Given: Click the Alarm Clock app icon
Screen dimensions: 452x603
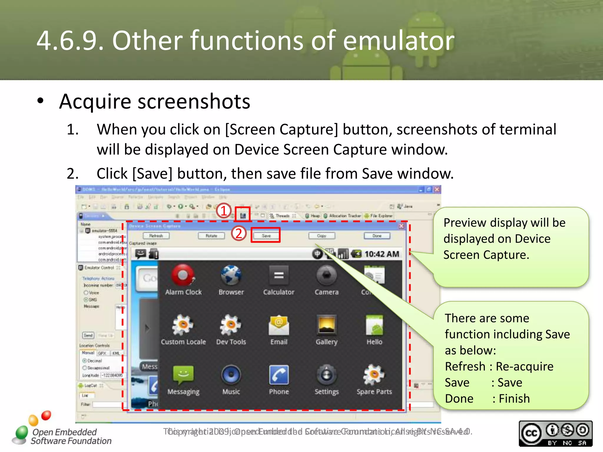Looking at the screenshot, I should coord(183,275).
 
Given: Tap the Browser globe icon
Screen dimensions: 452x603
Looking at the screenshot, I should coord(231,275).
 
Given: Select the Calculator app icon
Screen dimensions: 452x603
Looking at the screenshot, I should coord(279,275).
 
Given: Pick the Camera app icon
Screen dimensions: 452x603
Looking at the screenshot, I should coord(326,275).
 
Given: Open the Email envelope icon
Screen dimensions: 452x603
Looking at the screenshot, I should coord(279,325).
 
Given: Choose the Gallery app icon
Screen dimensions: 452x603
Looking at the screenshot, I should coord(326,325).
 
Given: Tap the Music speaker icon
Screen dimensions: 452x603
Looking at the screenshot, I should coord(231,375).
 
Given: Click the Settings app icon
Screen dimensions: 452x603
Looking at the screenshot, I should coord(326,375).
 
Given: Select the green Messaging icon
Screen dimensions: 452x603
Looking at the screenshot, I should coord(183,375).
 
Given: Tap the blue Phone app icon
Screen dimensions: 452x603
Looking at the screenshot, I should coord(279,375).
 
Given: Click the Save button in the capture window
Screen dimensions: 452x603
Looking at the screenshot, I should coord(266,236).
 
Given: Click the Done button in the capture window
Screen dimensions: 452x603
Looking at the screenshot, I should coord(377,236).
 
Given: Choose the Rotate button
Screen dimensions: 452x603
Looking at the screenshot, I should coord(211,236).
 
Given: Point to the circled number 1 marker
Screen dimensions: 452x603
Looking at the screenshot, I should coord(224,211).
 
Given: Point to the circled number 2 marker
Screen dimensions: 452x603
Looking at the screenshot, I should coord(238,233).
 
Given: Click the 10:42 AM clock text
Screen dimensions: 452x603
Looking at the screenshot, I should coord(382,254).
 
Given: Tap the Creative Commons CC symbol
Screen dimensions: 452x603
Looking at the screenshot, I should coord(531,433).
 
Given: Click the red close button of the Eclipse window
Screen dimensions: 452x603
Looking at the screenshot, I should coord(437,189).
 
